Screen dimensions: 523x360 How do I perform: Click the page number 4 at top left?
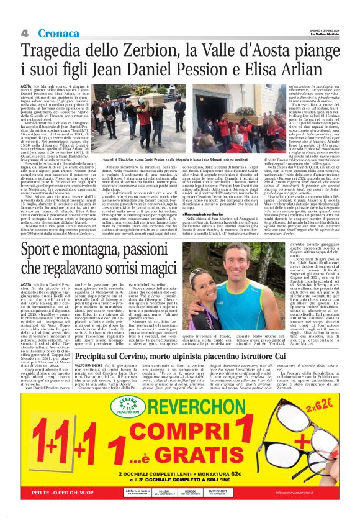pos(25,32)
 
